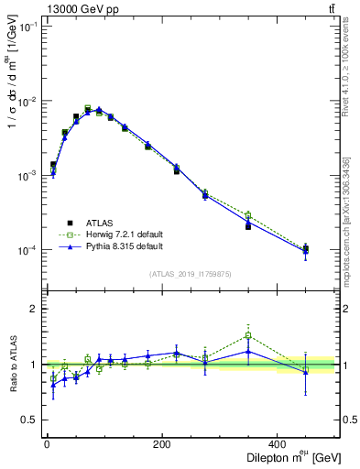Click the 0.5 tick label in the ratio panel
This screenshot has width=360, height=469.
[29, 420]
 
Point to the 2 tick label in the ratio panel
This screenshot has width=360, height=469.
[34, 310]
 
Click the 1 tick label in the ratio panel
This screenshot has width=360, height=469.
[34, 365]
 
